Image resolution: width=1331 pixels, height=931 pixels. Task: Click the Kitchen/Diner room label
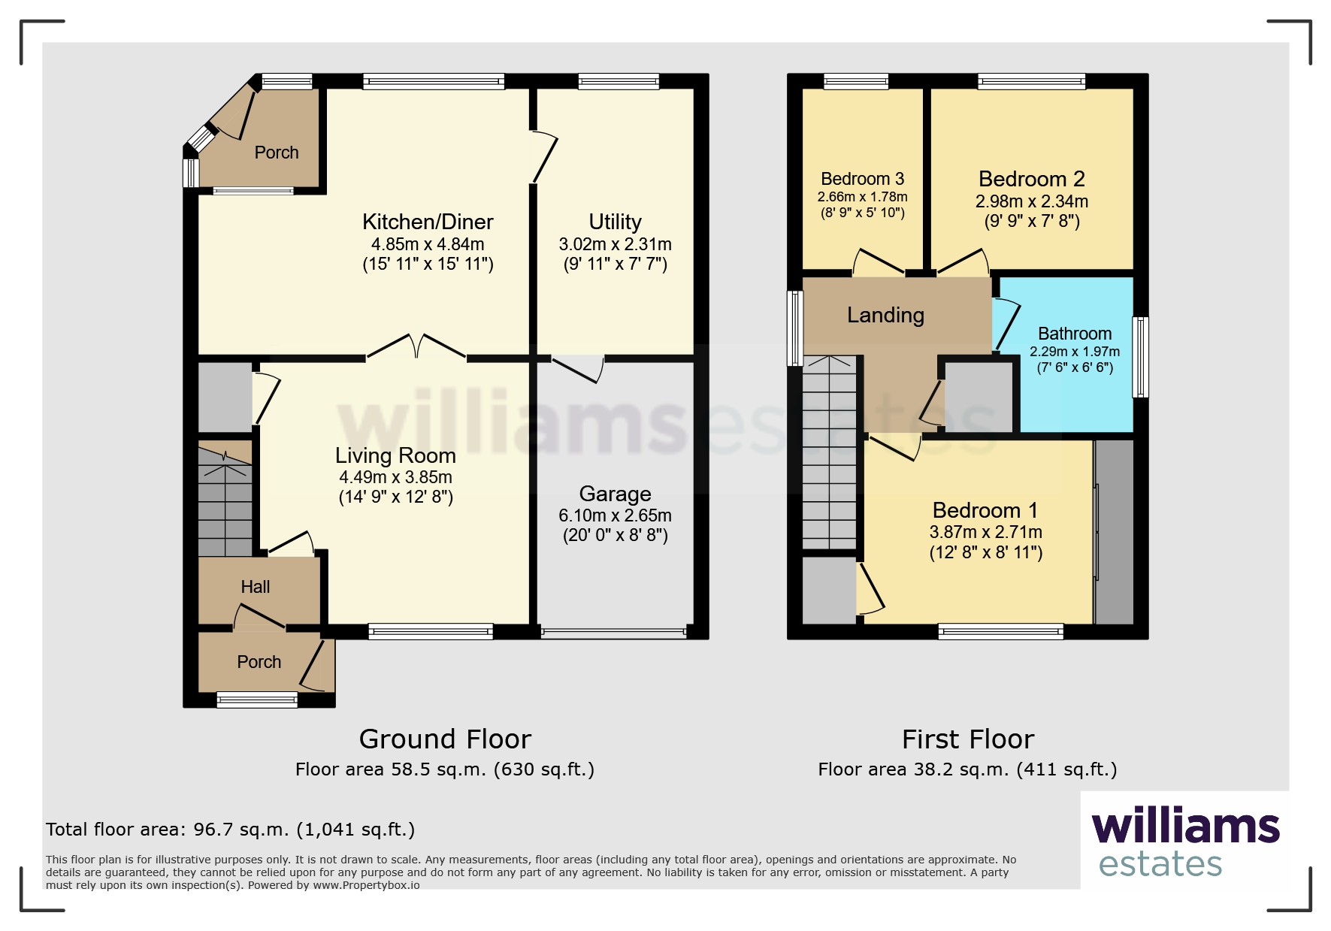tap(428, 222)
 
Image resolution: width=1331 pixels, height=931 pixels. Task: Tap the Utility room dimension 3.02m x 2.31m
tap(615, 244)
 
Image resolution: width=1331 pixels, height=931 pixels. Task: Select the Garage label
tap(615, 494)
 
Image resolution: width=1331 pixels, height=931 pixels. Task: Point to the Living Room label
tap(395, 455)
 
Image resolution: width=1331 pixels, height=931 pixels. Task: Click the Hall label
tap(256, 587)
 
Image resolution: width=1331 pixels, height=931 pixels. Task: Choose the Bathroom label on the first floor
tap(1075, 334)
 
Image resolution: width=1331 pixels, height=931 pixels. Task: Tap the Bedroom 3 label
tap(862, 179)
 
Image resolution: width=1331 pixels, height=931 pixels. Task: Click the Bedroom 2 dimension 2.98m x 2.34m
tap(1032, 201)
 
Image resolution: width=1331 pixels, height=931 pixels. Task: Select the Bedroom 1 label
tap(985, 510)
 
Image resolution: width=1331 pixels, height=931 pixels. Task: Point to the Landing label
tap(885, 315)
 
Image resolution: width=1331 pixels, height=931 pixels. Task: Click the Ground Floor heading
tap(445, 739)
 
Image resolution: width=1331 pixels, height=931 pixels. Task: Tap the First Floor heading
tap(968, 739)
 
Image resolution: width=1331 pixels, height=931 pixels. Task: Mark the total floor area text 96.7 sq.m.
tap(230, 830)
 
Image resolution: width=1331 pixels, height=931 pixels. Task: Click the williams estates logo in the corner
tap(1185, 842)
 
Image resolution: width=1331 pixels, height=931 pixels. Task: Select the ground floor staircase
tap(225, 501)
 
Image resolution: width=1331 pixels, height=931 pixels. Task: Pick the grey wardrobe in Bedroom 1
tap(1114, 532)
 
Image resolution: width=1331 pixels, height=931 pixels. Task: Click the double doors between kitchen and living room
tap(416, 347)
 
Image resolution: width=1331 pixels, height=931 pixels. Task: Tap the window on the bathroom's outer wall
tap(1141, 356)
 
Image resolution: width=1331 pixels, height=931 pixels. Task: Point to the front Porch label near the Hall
tap(259, 662)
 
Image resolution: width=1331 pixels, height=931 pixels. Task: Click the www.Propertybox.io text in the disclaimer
tap(366, 885)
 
